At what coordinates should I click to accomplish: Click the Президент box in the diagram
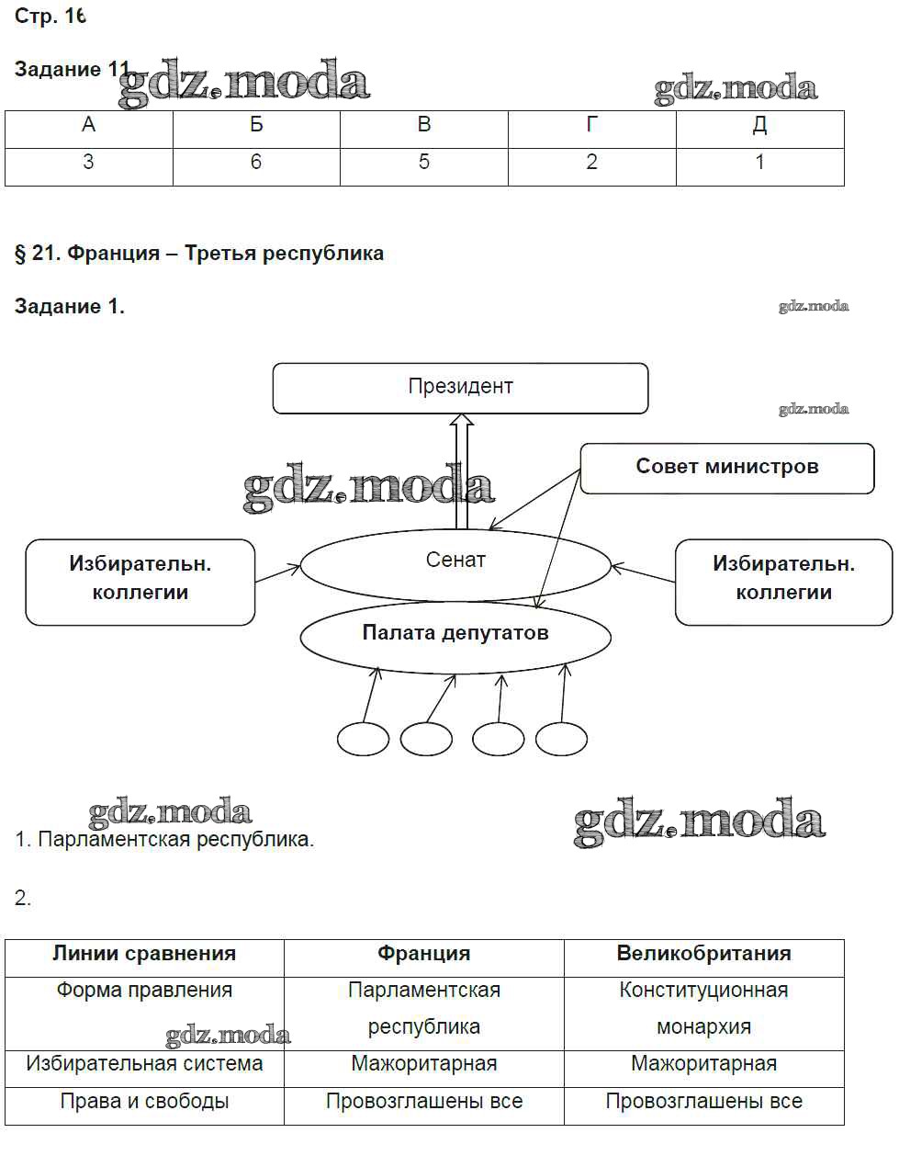coord(460,387)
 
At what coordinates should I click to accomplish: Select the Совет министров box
coord(726,467)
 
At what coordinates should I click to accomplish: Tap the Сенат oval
coord(455,562)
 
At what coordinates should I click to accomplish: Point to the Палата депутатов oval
coord(455,634)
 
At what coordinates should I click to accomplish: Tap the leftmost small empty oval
coord(363,739)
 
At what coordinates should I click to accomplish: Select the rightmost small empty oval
coord(561,739)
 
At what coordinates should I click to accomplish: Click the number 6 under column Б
coord(256,163)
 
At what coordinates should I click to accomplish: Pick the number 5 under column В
coord(423,163)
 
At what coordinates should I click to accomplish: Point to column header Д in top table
coord(759,126)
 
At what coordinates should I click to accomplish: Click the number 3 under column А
coord(88,163)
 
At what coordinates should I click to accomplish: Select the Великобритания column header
coord(703,954)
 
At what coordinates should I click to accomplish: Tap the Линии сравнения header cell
coord(144,954)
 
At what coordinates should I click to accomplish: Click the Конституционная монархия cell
coord(703,1009)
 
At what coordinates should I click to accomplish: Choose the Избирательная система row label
coord(144,1064)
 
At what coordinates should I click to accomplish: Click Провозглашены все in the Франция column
coord(423,1101)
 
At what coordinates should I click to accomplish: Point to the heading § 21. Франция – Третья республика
coord(199,254)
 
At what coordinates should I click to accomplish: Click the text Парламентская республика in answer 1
coord(175,839)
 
